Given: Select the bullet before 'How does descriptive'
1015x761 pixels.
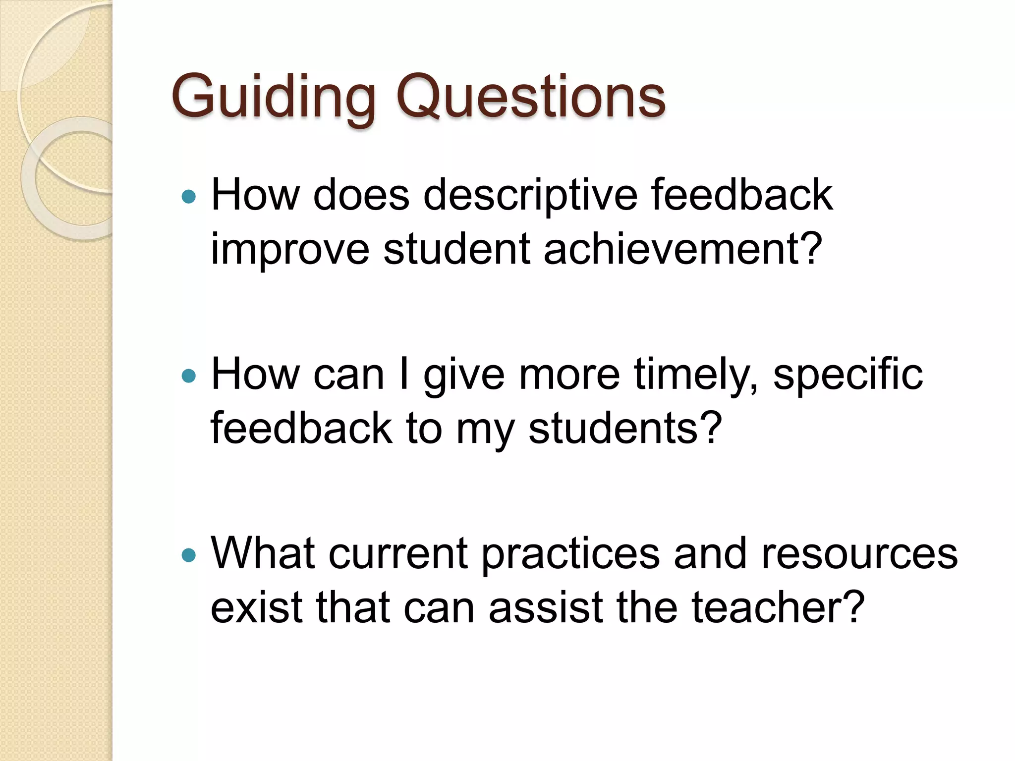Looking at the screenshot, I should tap(189, 197).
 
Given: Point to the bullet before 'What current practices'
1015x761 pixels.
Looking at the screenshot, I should tap(189, 555).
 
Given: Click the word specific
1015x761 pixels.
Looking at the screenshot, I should tap(847, 376).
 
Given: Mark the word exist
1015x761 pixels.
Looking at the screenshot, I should tap(257, 608).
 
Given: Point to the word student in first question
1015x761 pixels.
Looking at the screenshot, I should tap(456, 249).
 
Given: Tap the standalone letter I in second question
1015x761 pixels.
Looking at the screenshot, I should tap(404, 375).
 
